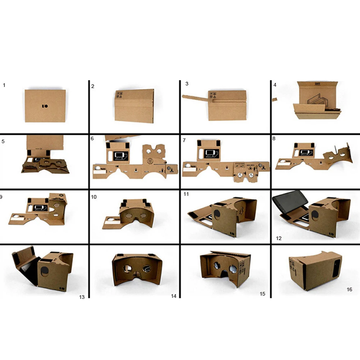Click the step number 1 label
coord(4,85)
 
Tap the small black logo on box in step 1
coord(45,106)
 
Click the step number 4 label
coord(275,85)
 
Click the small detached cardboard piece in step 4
coord(274,100)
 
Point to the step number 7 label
coord(184,140)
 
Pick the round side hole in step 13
coord(45,271)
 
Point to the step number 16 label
coord(349,290)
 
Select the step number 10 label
coord(94,197)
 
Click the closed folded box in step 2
coord(134,106)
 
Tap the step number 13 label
coord(82,297)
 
